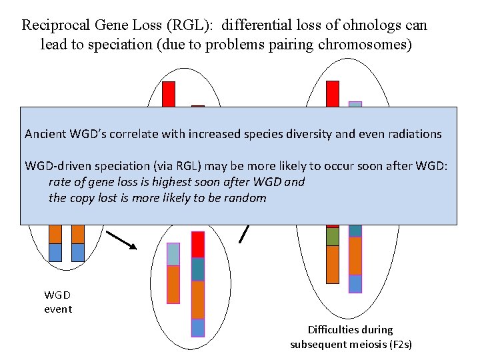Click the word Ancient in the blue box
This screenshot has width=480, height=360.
[45, 134]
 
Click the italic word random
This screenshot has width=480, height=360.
[246, 198]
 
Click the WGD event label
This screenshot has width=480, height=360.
[57, 301]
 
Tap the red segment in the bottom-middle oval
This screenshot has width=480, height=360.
[198, 244]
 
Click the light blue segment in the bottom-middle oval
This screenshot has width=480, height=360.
[173, 254]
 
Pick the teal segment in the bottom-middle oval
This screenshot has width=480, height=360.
[198, 269]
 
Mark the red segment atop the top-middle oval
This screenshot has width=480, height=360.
[169, 93]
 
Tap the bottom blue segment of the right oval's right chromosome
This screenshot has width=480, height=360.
[355, 283]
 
